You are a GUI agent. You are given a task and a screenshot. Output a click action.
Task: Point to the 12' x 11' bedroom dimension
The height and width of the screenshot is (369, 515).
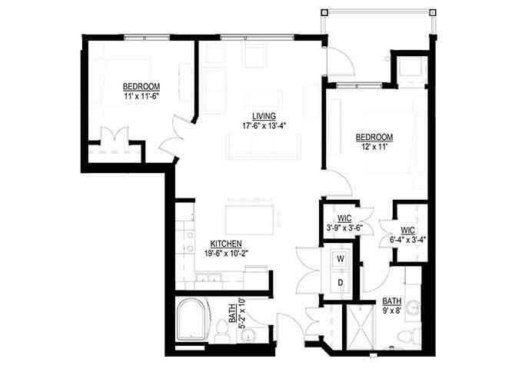(x=374, y=149)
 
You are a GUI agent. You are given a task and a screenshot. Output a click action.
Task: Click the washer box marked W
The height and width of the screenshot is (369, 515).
(x=339, y=260)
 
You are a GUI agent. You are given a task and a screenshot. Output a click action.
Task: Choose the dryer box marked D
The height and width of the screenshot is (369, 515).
(x=339, y=283)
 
